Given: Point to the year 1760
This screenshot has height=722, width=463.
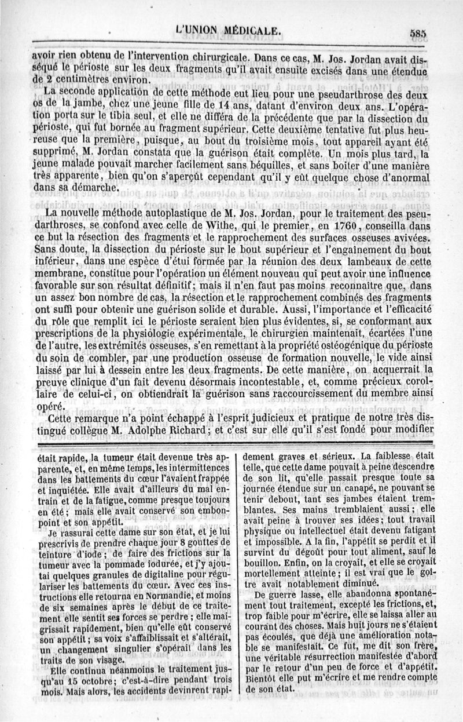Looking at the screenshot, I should point(313,227).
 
